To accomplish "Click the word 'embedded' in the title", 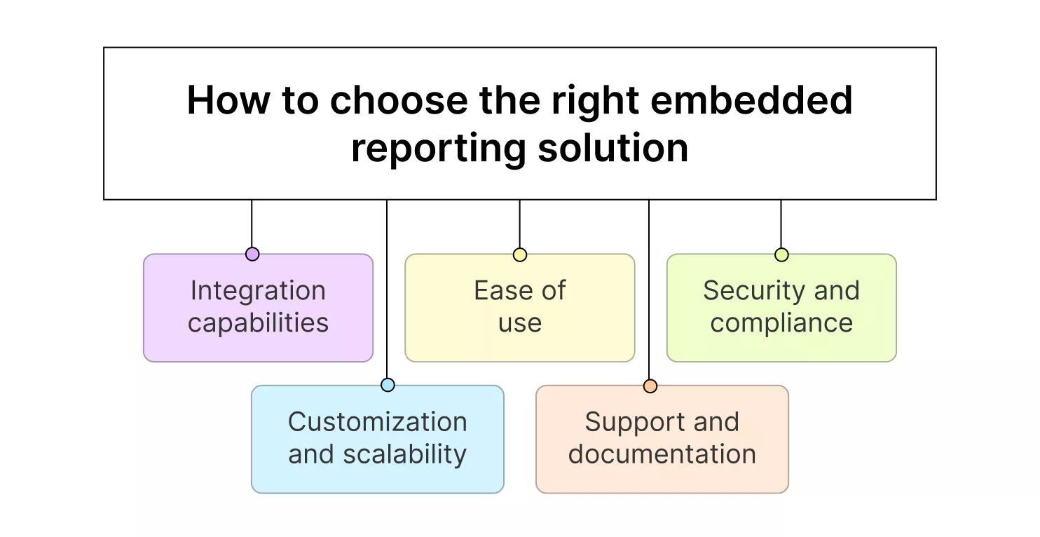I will pyautogui.click(x=751, y=100).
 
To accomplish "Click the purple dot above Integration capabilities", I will pyautogui.click(x=252, y=254).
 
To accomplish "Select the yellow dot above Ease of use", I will pyautogui.click(x=519, y=254).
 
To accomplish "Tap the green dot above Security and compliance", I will pyautogui.click(x=781, y=254).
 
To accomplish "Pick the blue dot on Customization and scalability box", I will pyautogui.click(x=388, y=385).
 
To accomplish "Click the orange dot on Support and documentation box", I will pyautogui.click(x=650, y=386).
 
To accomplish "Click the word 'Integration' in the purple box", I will pyautogui.click(x=258, y=291).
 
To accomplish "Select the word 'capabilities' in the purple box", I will pyautogui.click(x=258, y=323).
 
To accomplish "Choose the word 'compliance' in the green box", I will pyautogui.click(x=781, y=323).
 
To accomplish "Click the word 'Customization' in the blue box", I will pyautogui.click(x=377, y=422).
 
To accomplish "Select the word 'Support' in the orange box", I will pyautogui.click(x=628, y=422).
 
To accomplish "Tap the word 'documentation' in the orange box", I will pyautogui.click(x=662, y=454).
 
